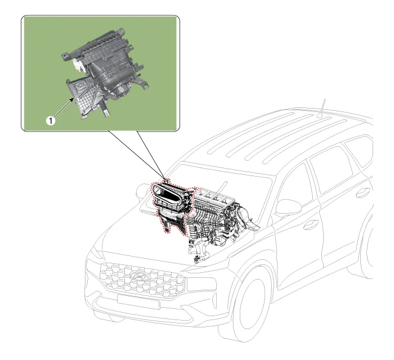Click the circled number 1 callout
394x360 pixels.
point(51,121)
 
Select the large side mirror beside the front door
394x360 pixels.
point(288,207)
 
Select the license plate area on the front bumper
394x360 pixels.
point(138,301)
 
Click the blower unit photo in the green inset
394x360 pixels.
point(106,72)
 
